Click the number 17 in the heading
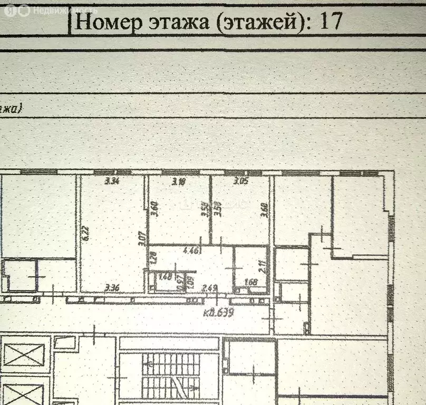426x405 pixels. pyautogui.click(x=331, y=21)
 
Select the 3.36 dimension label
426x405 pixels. pyautogui.click(x=112, y=287)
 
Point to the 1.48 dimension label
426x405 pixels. pyautogui.click(x=165, y=275)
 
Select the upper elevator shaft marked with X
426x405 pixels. pyautogui.click(x=24, y=354)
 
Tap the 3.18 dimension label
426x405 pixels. pyautogui.click(x=180, y=182)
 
